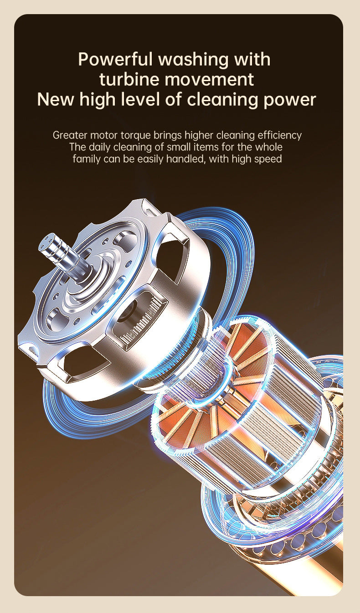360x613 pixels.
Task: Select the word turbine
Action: coord(129,79)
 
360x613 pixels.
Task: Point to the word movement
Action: coord(209,80)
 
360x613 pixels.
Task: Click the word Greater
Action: coord(70,135)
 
